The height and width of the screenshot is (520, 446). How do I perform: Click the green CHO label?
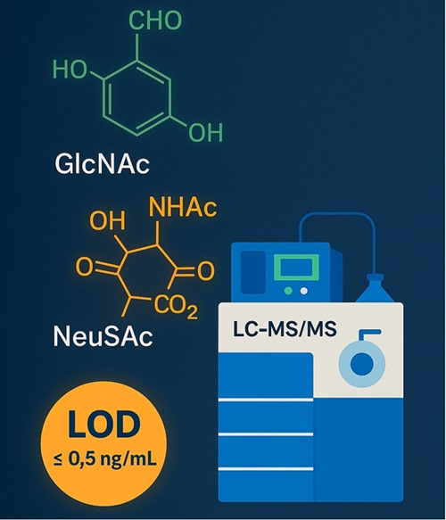click(x=155, y=21)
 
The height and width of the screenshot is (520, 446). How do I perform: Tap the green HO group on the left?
click(x=70, y=70)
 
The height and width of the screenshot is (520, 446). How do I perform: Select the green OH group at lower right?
click(x=205, y=133)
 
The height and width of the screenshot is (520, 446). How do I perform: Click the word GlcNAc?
click(x=102, y=164)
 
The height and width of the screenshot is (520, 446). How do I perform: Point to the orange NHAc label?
click(x=183, y=207)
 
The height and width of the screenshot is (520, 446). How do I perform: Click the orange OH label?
click(x=107, y=220)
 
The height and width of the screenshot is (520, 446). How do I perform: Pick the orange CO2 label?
click(x=176, y=307)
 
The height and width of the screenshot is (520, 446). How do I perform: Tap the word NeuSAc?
click(x=103, y=336)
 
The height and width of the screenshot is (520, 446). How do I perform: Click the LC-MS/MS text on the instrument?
click(x=285, y=329)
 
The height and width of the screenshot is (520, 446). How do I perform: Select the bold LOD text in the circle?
click(x=103, y=425)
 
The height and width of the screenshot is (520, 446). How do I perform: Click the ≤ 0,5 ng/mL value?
click(x=104, y=458)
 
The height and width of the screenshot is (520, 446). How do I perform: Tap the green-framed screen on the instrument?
click(x=296, y=268)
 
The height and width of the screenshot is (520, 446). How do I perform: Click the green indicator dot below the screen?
click(x=288, y=291)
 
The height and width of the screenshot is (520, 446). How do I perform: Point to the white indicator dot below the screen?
click(x=304, y=291)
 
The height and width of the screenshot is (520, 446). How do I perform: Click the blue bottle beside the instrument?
click(x=375, y=288)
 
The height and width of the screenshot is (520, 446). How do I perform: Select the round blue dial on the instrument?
click(x=362, y=364)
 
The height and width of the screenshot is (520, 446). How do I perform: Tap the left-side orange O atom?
click(x=84, y=267)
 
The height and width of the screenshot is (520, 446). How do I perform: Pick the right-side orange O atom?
click(x=206, y=270)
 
